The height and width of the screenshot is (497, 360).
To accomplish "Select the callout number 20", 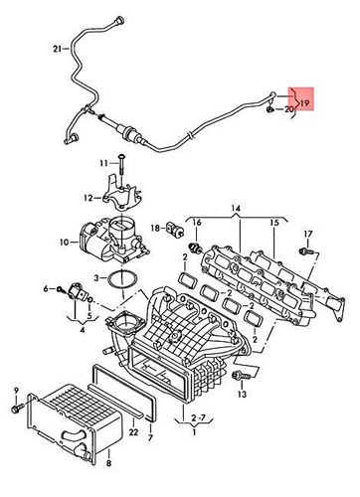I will tap(289, 109).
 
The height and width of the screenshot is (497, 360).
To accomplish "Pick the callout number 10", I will tap(62, 242).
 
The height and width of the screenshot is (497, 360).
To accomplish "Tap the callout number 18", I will tap(154, 228).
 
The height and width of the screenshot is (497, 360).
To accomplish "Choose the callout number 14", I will tap(236, 210).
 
